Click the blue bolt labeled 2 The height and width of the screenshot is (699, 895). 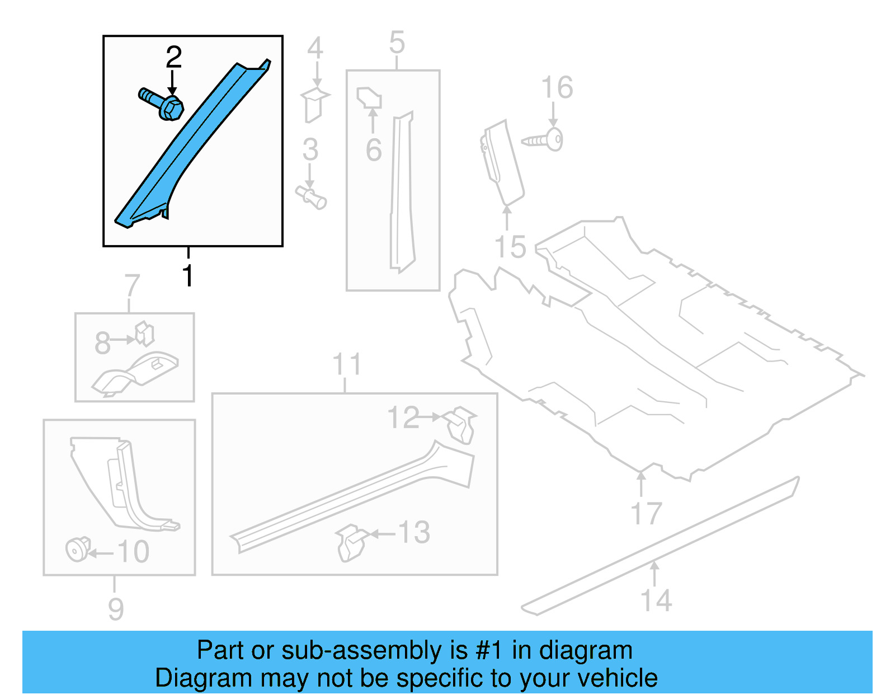162,104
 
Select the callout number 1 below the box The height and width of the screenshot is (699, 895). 188,276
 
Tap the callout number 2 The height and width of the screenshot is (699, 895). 173,58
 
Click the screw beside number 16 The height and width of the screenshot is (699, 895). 543,140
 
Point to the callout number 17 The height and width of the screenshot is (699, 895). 646,513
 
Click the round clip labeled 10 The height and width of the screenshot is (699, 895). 77,549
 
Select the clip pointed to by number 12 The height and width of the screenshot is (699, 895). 461,424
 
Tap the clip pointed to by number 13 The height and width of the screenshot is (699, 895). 351,542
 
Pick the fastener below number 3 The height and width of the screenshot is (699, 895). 311,198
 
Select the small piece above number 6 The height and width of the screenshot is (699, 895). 369,98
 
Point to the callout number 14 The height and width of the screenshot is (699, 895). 656,600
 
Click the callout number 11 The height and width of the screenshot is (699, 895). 347,364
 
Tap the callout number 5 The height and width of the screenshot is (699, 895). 397,43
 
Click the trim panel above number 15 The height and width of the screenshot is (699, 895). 503,162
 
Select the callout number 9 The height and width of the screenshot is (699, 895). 116,608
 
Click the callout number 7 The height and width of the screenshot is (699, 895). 131,286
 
